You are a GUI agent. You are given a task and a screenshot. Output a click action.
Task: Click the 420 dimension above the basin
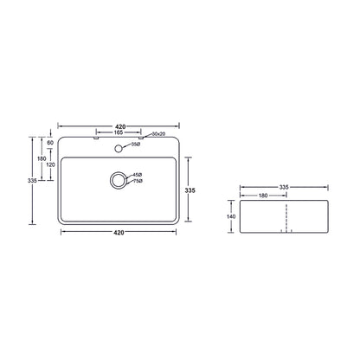[120, 126]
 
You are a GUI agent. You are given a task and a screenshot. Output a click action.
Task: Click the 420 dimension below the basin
[119, 232]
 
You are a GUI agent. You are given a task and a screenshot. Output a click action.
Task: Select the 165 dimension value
[119, 132]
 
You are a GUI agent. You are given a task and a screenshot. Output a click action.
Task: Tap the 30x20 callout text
[158, 134]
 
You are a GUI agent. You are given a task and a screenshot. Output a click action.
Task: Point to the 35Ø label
[136, 145]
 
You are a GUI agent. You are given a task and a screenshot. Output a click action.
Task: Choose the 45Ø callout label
[138, 175]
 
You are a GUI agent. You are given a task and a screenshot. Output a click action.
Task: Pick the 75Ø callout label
[138, 181]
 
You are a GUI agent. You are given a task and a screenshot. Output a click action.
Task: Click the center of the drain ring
[119, 180]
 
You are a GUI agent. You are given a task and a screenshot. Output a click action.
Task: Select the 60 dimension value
[50, 143]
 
